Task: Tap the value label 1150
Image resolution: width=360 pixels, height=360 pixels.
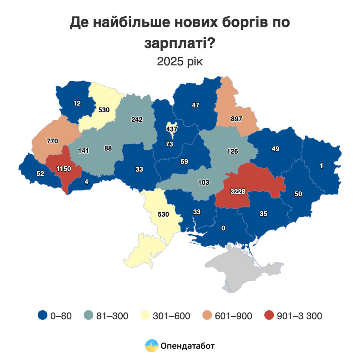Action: (63, 168)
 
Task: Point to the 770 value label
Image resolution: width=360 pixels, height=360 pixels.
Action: (52, 141)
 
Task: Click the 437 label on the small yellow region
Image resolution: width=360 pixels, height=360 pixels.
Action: (172, 129)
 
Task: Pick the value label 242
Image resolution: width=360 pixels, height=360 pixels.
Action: (137, 120)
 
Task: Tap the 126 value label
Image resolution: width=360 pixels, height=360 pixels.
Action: (232, 152)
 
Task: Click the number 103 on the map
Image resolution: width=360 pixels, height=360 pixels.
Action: (204, 182)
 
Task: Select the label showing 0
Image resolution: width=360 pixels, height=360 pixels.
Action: (223, 229)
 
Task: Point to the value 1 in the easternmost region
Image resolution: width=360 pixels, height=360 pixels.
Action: (321, 166)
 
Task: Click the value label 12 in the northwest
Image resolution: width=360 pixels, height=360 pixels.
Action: (77, 103)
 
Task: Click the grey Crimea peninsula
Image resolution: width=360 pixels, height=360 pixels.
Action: (243, 267)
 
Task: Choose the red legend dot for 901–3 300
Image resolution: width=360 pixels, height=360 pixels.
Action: (269, 316)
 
